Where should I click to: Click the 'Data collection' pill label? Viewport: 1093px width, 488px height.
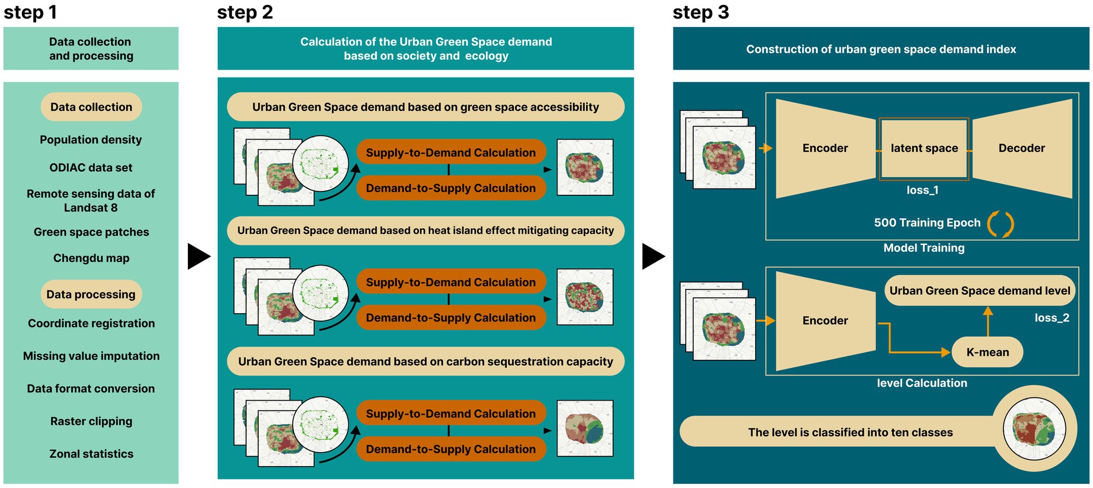(91, 107)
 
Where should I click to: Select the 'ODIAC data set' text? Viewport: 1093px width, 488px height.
(91, 168)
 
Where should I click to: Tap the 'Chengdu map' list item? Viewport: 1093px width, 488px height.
(91, 258)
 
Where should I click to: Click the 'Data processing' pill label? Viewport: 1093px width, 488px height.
(91, 294)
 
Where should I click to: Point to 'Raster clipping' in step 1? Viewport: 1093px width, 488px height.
(91, 421)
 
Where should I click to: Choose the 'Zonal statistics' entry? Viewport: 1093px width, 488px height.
(91, 454)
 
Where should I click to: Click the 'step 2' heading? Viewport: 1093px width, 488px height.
(245, 12)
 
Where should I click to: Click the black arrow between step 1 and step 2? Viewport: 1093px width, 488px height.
(198, 256)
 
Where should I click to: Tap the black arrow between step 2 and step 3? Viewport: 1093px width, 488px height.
(653, 256)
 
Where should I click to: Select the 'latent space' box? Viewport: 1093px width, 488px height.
(924, 148)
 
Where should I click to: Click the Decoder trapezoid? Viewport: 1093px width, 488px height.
(1022, 148)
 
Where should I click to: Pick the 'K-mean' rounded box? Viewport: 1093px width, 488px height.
(987, 352)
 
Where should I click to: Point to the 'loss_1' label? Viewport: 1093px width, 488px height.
(922, 190)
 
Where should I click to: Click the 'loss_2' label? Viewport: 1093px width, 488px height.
(1052, 318)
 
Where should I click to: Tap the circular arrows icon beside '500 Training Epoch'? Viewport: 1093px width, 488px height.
(1000, 224)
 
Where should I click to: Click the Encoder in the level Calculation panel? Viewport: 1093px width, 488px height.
(825, 321)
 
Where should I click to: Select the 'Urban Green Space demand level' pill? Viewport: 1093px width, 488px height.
(979, 291)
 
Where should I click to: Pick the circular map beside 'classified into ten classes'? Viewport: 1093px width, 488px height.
(1034, 429)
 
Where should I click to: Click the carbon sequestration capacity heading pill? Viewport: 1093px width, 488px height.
(425, 362)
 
